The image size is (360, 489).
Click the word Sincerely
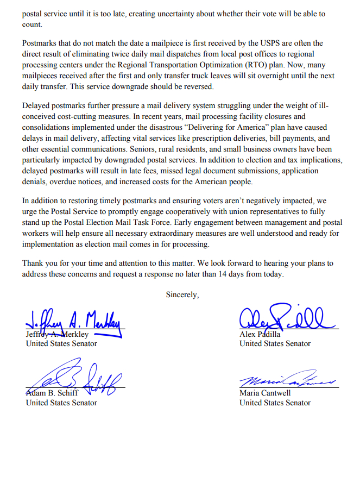pyautogui.click(x=182, y=294)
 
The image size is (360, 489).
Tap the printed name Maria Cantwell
pyautogui.click(x=265, y=393)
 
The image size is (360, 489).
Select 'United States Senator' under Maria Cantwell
pyautogui.click(x=275, y=403)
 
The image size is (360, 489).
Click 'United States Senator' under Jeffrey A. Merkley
pyautogui.click(x=61, y=343)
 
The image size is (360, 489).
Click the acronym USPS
pyautogui.click(x=267, y=43)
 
